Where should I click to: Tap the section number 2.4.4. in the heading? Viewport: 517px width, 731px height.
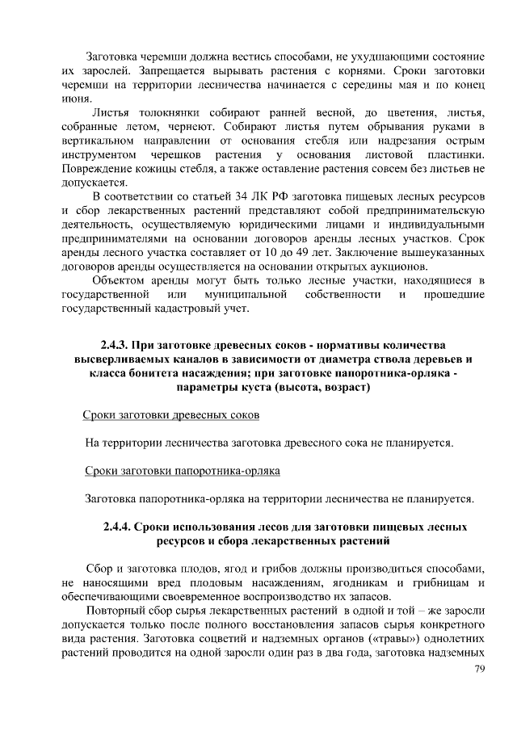pyautogui.click(x=120, y=527)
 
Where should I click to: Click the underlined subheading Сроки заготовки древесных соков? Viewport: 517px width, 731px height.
pyautogui.click(x=171, y=415)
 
